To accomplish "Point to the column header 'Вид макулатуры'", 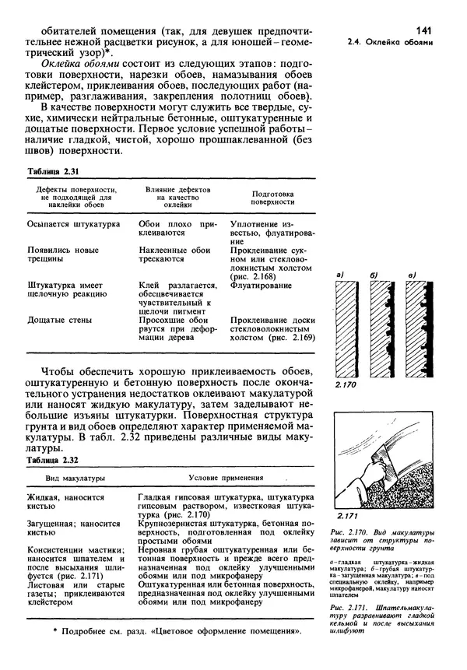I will (75, 477).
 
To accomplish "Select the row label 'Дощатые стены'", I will (61, 320).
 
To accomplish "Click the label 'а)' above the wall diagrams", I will (340, 275).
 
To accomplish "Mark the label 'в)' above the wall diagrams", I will (411, 275).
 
